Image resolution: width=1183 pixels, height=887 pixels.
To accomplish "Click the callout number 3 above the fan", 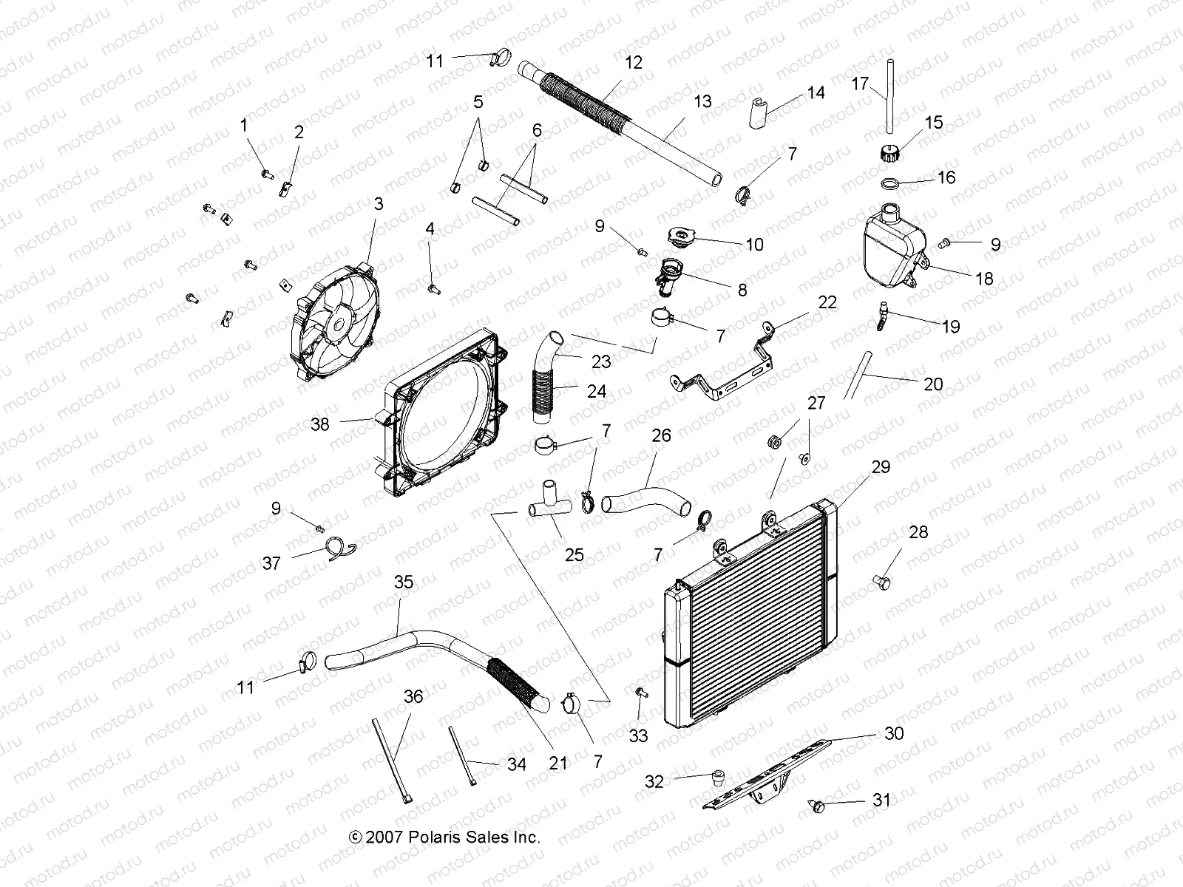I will [379, 204].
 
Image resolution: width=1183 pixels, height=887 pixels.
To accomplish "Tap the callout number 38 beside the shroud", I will [319, 425].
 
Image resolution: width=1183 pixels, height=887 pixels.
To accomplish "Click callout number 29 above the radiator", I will [881, 467].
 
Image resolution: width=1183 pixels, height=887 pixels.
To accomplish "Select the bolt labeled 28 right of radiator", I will [881, 582].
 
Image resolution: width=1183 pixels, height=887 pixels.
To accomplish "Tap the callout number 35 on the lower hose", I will [404, 582].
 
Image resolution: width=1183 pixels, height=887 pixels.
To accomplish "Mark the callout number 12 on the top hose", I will [633, 62].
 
